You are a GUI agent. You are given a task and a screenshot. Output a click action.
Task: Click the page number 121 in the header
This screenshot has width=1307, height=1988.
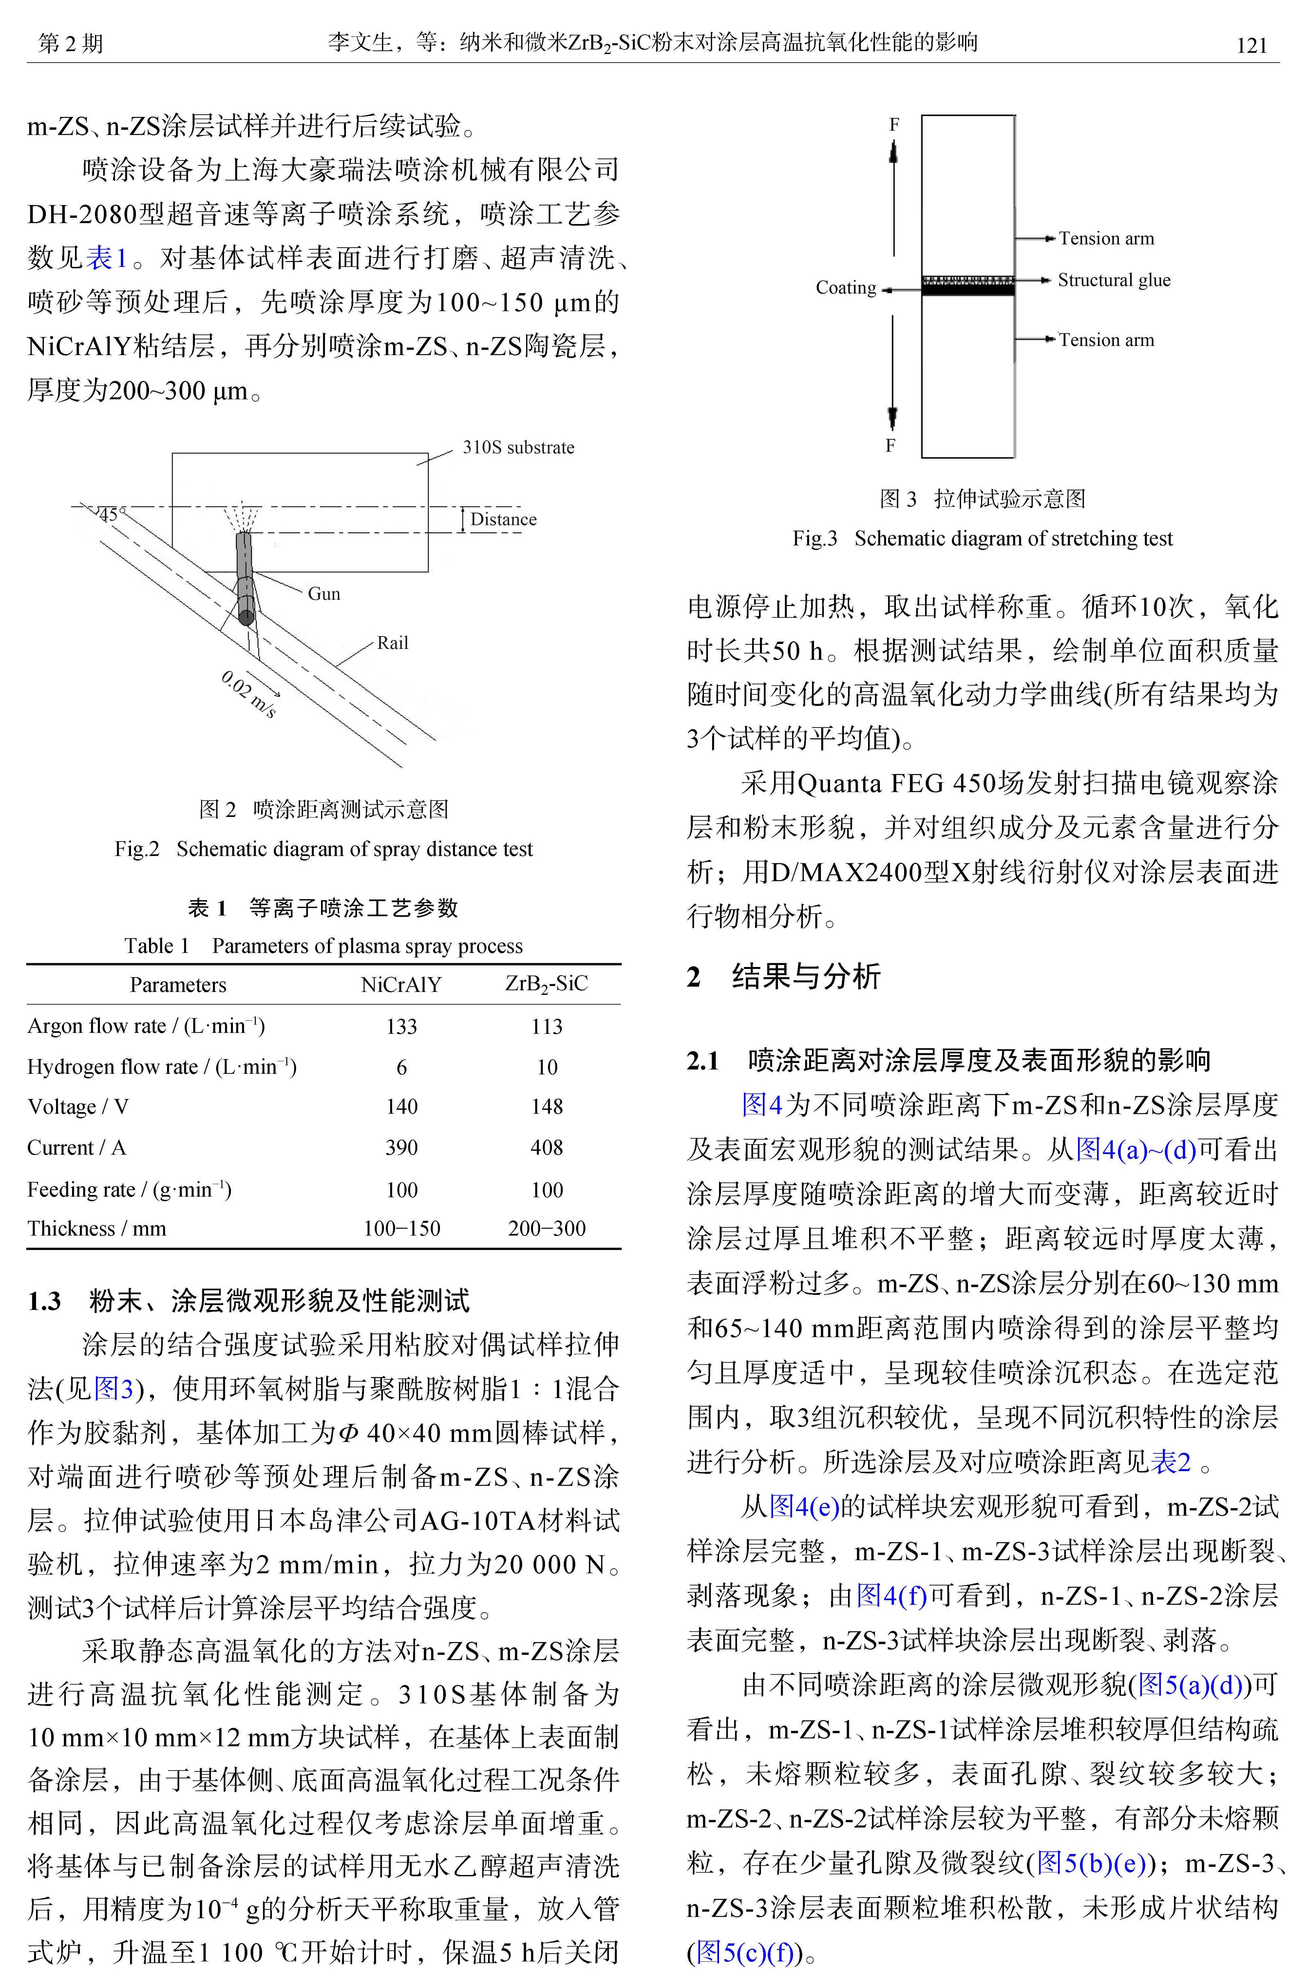click(x=1251, y=45)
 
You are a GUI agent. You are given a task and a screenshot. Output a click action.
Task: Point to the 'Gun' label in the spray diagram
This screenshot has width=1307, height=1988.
click(x=324, y=594)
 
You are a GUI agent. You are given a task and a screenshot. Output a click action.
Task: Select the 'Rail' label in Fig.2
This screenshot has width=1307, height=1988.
click(x=393, y=643)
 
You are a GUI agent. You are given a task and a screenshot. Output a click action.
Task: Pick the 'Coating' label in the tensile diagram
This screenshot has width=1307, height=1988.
click(x=846, y=288)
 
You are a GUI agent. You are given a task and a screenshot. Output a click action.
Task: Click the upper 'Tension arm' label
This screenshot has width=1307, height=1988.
click(x=1106, y=239)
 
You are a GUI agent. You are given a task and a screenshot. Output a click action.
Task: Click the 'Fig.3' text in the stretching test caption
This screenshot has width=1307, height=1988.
click(x=815, y=539)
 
